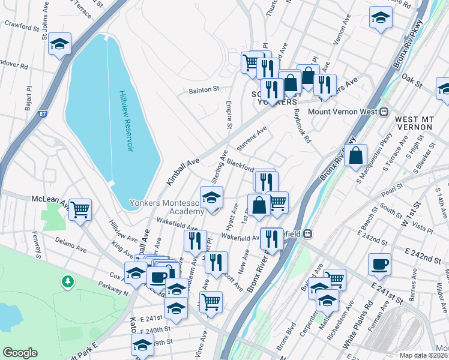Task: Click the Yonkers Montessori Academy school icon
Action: pos(211,197)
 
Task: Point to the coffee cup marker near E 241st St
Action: pos(379,264)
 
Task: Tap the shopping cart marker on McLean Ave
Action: pos(80,210)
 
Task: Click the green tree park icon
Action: pos(68,281)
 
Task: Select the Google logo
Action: pos(20,353)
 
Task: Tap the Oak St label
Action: pos(412,78)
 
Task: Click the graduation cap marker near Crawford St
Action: pos(60,44)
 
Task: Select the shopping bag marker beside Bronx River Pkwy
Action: pos(355,155)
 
